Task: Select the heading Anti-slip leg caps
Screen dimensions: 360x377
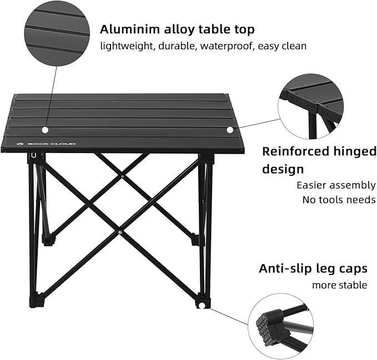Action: point(313,269)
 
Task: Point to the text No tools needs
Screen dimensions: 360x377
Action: point(339,200)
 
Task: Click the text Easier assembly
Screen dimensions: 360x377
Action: point(336,185)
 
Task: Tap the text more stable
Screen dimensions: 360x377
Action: point(339,285)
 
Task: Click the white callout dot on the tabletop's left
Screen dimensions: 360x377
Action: point(46,130)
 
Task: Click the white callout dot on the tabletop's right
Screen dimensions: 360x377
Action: point(230,130)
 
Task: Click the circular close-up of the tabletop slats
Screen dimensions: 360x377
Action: point(57,33)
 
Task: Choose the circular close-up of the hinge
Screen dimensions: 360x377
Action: point(311,106)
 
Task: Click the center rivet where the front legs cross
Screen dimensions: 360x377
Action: point(120,232)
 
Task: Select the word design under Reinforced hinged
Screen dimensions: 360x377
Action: point(283,169)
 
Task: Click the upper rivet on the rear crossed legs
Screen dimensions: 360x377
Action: point(122,176)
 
